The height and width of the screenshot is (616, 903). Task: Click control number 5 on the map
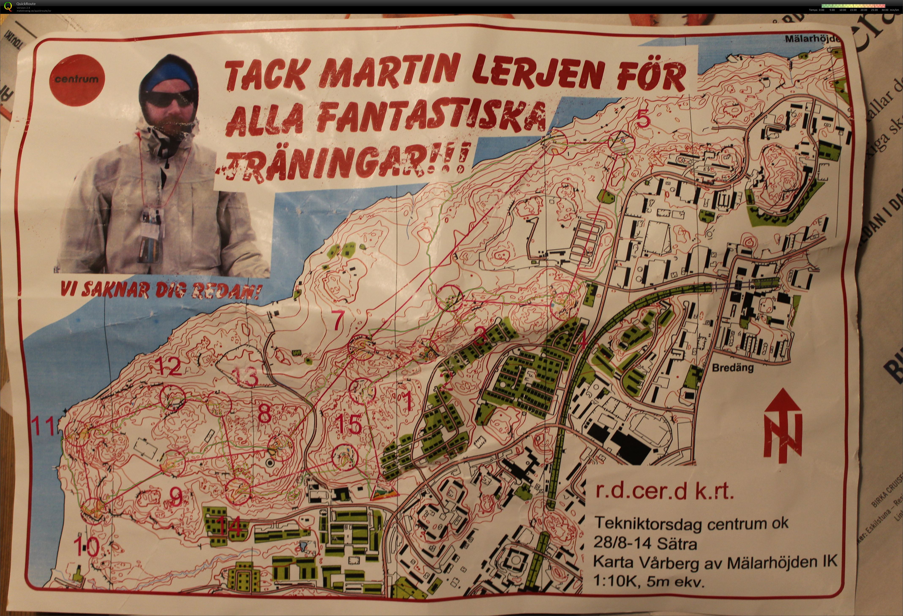[643, 119]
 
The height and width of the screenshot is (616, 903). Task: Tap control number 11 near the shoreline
[44, 426]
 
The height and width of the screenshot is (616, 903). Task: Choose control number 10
[86, 547]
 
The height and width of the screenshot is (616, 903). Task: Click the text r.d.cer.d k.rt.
[665, 491]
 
